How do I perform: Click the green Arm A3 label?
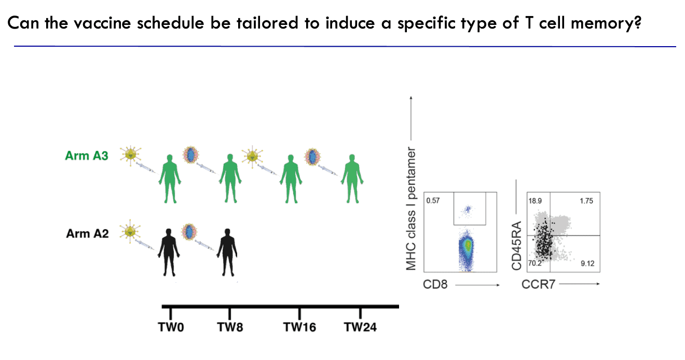point(87,155)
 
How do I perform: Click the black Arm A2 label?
point(87,233)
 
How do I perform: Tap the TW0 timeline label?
point(171,327)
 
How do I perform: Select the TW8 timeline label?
point(230,327)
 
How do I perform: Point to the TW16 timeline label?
point(299,327)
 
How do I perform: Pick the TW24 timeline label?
point(360,327)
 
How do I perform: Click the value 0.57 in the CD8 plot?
point(432,200)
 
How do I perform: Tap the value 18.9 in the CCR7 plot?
point(535,200)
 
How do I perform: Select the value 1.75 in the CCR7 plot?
point(586,200)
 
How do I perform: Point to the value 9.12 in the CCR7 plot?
point(587,264)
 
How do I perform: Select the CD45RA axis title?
point(516,247)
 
